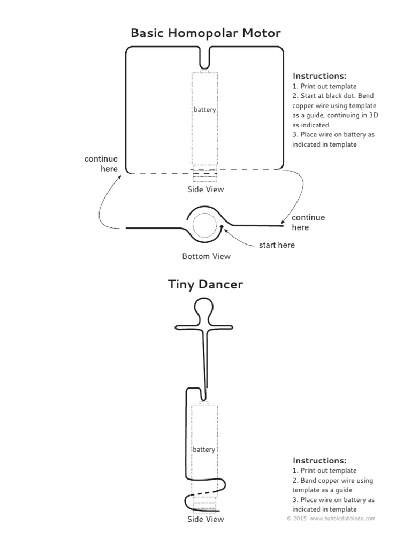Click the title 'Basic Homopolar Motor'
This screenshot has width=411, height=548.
coord(205,33)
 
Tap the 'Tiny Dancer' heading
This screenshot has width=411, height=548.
coord(205,284)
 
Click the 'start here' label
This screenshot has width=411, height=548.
coord(277,246)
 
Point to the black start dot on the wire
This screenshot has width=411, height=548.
coord(222,227)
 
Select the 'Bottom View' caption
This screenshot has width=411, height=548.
coord(206,256)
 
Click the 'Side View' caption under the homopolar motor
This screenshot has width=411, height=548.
coord(205,189)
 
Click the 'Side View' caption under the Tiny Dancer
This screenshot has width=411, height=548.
coord(205,519)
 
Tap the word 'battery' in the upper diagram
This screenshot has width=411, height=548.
coord(205,110)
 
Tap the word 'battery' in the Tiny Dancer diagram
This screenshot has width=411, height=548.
coord(204,450)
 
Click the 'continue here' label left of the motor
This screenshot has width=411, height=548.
coord(101,164)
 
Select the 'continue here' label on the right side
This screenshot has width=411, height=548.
coord(308,223)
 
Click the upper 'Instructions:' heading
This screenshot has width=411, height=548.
coord(319,76)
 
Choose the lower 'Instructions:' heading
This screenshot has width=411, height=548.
coord(319,460)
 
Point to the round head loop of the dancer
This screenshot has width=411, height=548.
coord(204,309)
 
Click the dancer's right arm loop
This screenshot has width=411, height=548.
coord(222,326)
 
